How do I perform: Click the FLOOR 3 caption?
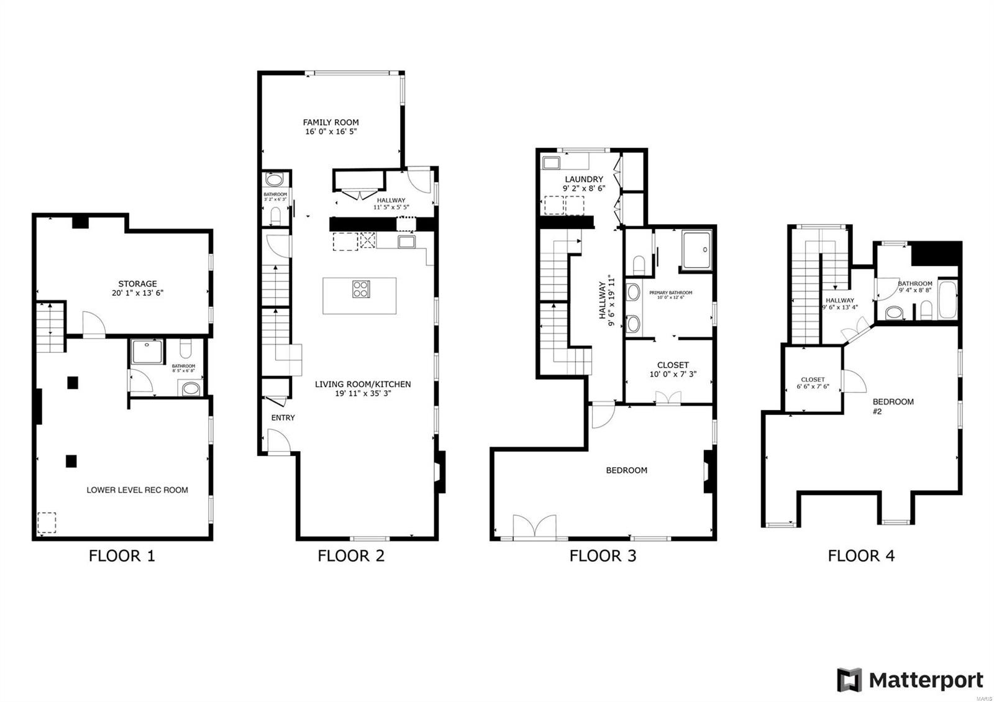pos(603,556)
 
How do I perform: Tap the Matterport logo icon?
pos(849,680)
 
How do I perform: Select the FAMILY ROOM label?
pos(331,122)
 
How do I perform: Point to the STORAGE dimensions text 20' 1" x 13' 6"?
pos(137,293)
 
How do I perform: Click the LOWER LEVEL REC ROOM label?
pos(137,490)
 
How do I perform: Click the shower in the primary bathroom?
pos(696,250)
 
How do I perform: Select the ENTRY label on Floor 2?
pos(283,418)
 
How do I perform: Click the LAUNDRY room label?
pos(583,179)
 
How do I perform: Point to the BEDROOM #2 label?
pos(893,406)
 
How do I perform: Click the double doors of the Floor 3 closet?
pos(668,398)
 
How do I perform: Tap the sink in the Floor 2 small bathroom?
pos(274,181)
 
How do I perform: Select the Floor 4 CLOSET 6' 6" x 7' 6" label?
pos(813,383)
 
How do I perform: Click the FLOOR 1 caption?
pos(122,556)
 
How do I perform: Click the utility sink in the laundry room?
pos(551,163)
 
